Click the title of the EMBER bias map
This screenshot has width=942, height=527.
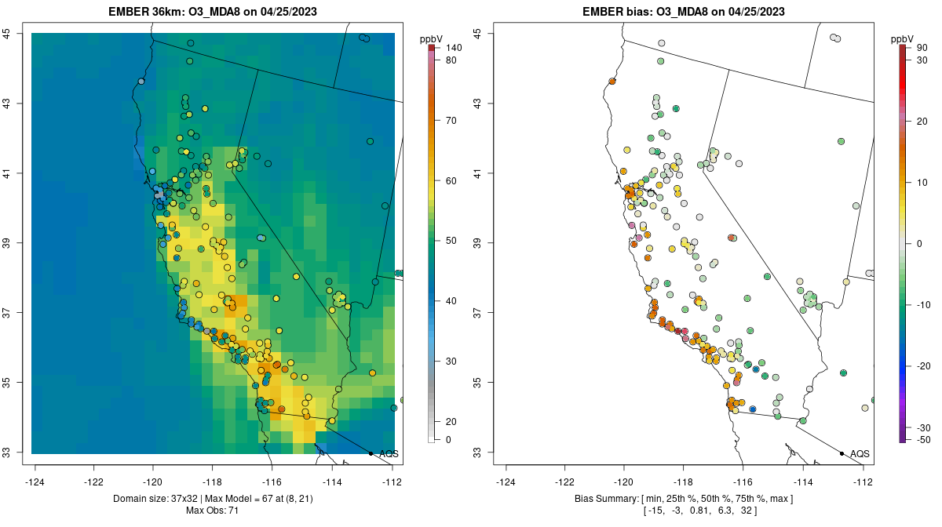coord(684,12)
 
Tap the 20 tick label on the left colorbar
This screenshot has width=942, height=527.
coord(452,422)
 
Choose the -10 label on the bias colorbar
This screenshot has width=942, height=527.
coord(924,304)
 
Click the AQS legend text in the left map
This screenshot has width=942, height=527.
coord(389,454)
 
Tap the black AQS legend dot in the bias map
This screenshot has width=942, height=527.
coord(842,453)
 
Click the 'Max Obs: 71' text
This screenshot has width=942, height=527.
coord(213,511)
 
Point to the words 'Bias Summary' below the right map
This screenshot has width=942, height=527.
coord(605,500)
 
